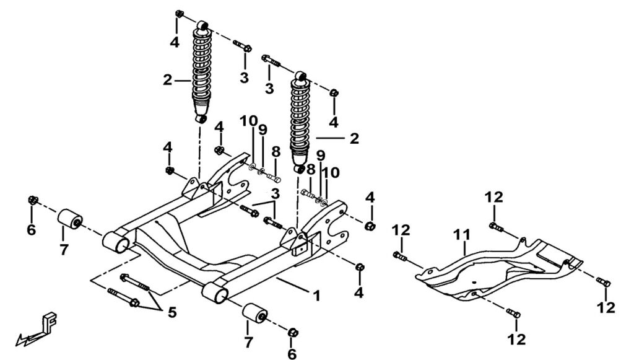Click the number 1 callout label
click(x=316, y=296)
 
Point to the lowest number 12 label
click(x=516, y=339)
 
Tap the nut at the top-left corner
click(x=179, y=14)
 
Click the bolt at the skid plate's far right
click(x=606, y=283)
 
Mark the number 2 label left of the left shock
click(x=167, y=79)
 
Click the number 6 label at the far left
click(x=31, y=230)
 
